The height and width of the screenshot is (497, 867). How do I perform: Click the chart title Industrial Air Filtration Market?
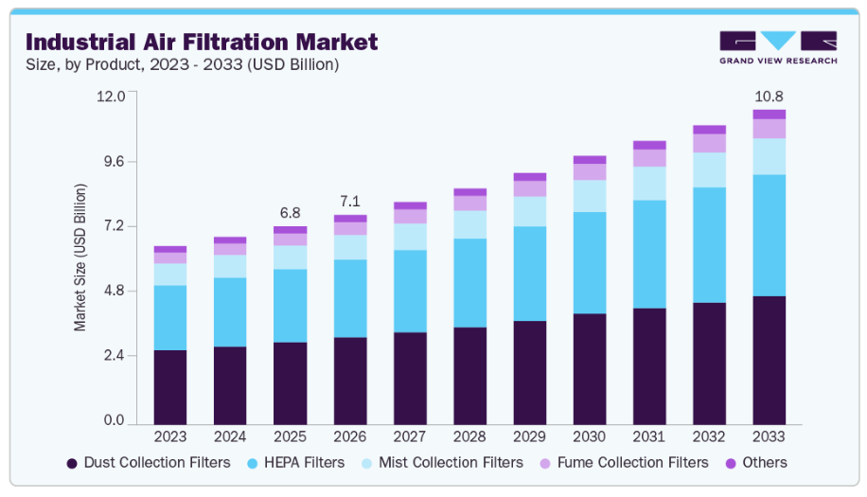(x=201, y=42)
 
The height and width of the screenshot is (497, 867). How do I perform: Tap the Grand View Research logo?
(x=777, y=47)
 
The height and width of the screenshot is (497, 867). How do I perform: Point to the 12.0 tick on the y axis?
(x=111, y=97)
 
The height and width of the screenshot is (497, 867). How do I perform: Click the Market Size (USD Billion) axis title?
(x=80, y=257)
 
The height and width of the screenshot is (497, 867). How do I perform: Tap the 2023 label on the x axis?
(x=170, y=437)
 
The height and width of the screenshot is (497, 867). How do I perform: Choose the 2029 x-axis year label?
(x=529, y=437)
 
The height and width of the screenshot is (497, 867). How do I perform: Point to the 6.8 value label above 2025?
(x=290, y=212)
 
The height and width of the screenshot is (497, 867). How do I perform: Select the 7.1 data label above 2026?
(x=350, y=201)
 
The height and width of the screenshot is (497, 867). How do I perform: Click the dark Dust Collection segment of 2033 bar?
(x=769, y=360)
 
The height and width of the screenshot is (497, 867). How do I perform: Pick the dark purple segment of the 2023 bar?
(x=170, y=386)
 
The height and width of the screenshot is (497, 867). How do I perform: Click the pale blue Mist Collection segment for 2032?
(x=709, y=169)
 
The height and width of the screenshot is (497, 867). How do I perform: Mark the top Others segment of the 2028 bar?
(x=469, y=192)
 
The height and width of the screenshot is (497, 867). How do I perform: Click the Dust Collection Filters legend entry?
(x=148, y=463)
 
